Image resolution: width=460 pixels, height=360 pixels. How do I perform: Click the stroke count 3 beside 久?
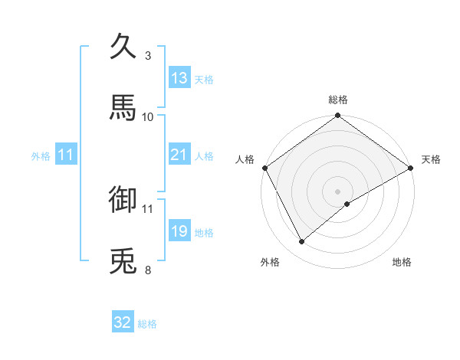tap(148, 56)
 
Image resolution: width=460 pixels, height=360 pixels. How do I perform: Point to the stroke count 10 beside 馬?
tap(148, 116)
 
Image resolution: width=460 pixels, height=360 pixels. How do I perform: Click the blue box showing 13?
tap(179, 78)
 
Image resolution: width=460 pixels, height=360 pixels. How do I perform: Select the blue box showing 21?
tap(179, 155)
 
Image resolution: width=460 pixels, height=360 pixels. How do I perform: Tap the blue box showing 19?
tap(179, 231)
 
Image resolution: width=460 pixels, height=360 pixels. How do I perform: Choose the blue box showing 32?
tap(123, 322)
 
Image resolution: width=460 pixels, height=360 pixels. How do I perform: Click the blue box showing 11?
tap(65, 155)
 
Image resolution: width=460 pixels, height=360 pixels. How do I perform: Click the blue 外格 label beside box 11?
tap(41, 155)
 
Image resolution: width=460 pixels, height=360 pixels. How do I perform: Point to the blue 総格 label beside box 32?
tap(147, 323)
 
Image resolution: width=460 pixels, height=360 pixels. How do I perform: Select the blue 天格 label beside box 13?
tap(204, 79)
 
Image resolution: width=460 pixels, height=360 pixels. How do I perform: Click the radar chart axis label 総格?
tap(338, 100)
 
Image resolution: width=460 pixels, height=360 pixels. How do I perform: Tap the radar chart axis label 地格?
tap(402, 262)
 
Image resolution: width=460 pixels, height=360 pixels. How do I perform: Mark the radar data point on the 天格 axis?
tap(412, 168)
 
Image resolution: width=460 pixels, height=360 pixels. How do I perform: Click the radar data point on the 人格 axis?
tap(264, 168)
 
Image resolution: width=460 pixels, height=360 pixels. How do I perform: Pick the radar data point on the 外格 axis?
tap(302, 242)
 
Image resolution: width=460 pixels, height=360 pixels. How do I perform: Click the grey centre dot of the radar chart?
tap(338, 191)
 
